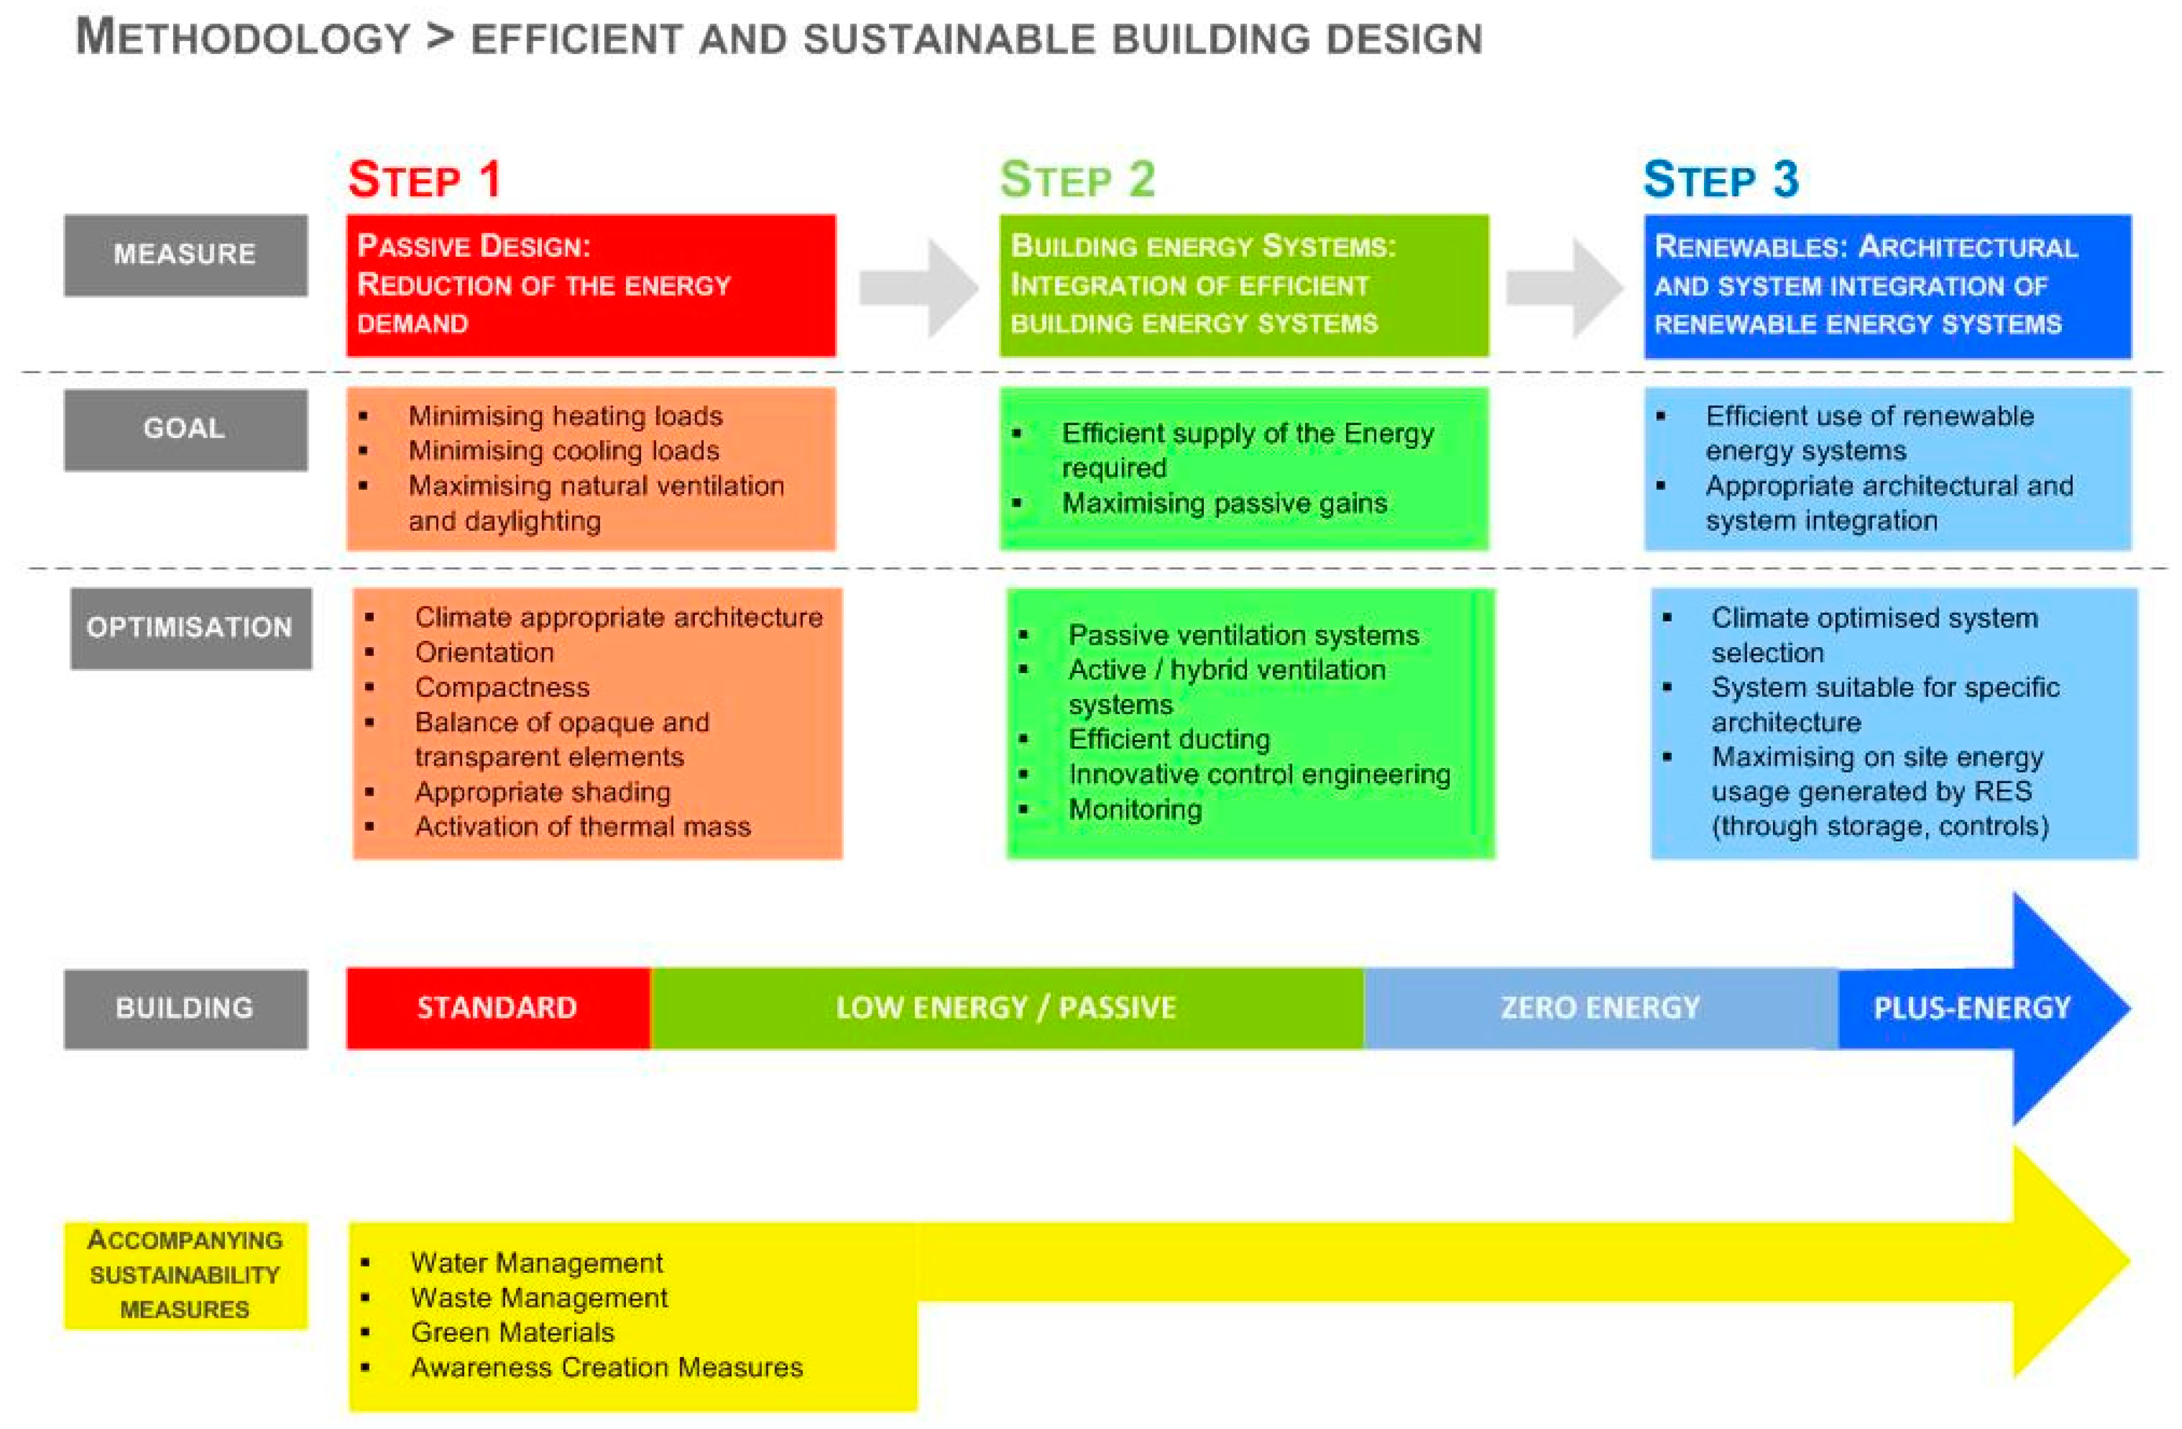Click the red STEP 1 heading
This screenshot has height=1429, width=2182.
pyautogui.click(x=424, y=179)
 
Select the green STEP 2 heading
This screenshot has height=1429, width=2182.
pyautogui.click(x=1077, y=179)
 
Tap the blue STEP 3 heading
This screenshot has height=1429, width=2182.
pyautogui.click(x=1721, y=179)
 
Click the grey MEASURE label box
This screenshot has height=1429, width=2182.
pyautogui.click(x=185, y=254)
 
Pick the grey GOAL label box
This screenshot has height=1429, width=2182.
pyautogui.click(x=185, y=430)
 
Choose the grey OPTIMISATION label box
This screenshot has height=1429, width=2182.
pyautogui.click(x=190, y=628)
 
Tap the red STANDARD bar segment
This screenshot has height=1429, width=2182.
pyautogui.click(x=498, y=1008)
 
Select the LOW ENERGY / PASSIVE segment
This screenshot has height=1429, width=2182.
pyautogui.click(x=1006, y=1008)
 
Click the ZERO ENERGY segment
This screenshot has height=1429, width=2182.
pyautogui.click(x=1600, y=1008)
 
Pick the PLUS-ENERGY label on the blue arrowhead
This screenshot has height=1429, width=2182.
pyautogui.click(x=1971, y=1008)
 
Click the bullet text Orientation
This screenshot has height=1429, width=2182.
pyautogui.click(x=484, y=652)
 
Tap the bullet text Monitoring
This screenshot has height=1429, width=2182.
pyautogui.click(x=1135, y=809)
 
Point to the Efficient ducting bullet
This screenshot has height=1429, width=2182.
pyautogui.click(x=1169, y=739)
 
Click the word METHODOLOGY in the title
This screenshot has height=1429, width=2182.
pyautogui.click(x=243, y=39)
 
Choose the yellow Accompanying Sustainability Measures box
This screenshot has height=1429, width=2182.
pyautogui.click(x=185, y=1275)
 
